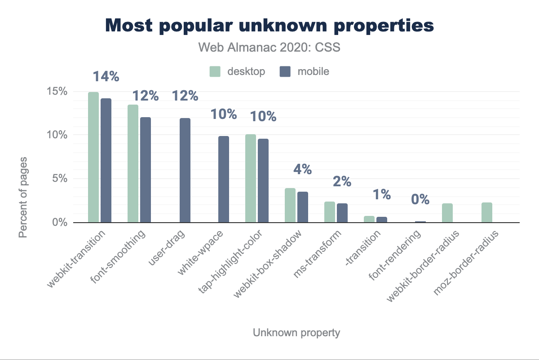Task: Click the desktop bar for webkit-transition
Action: (x=93, y=157)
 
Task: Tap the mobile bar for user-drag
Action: (x=185, y=170)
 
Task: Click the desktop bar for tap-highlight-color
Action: (x=251, y=178)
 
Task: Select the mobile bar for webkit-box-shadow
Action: (x=303, y=207)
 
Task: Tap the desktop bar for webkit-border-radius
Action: (x=447, y=213)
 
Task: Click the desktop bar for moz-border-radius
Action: (x=487, y=212)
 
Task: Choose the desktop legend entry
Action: (x=238, y=71)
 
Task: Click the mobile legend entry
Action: (x=304, y=71)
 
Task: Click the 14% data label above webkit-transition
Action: (x=106, y=77)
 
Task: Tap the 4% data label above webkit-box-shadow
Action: (x=302, y=169)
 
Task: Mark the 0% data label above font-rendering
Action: (x=420, y=199)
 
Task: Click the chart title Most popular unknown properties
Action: (x=269, y=26)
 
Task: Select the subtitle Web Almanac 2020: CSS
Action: (x=269, y=47)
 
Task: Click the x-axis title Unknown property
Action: (x=296, y=333)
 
